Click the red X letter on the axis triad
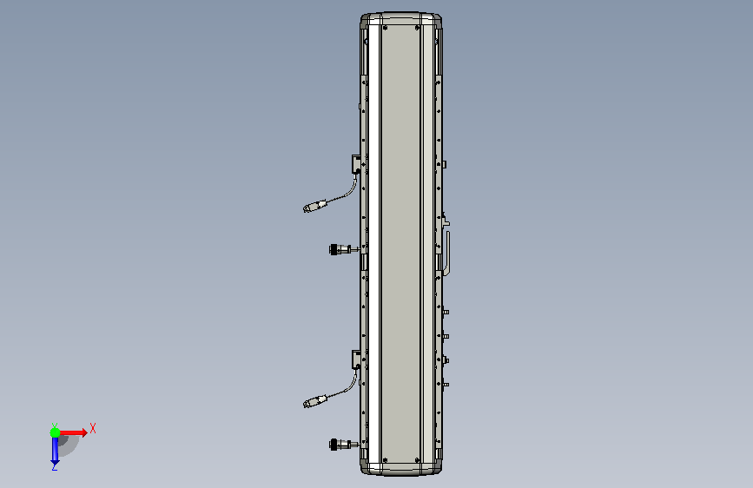click(93, 428)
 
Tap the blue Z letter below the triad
click(55, 466)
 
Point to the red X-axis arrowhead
click(84, 432)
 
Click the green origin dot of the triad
click(56, 432)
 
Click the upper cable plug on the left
click(314, 206)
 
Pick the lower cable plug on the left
click(314, 401)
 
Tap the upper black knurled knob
click(334, 249)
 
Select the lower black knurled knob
click(334, 445)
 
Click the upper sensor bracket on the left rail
click(356, 164)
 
